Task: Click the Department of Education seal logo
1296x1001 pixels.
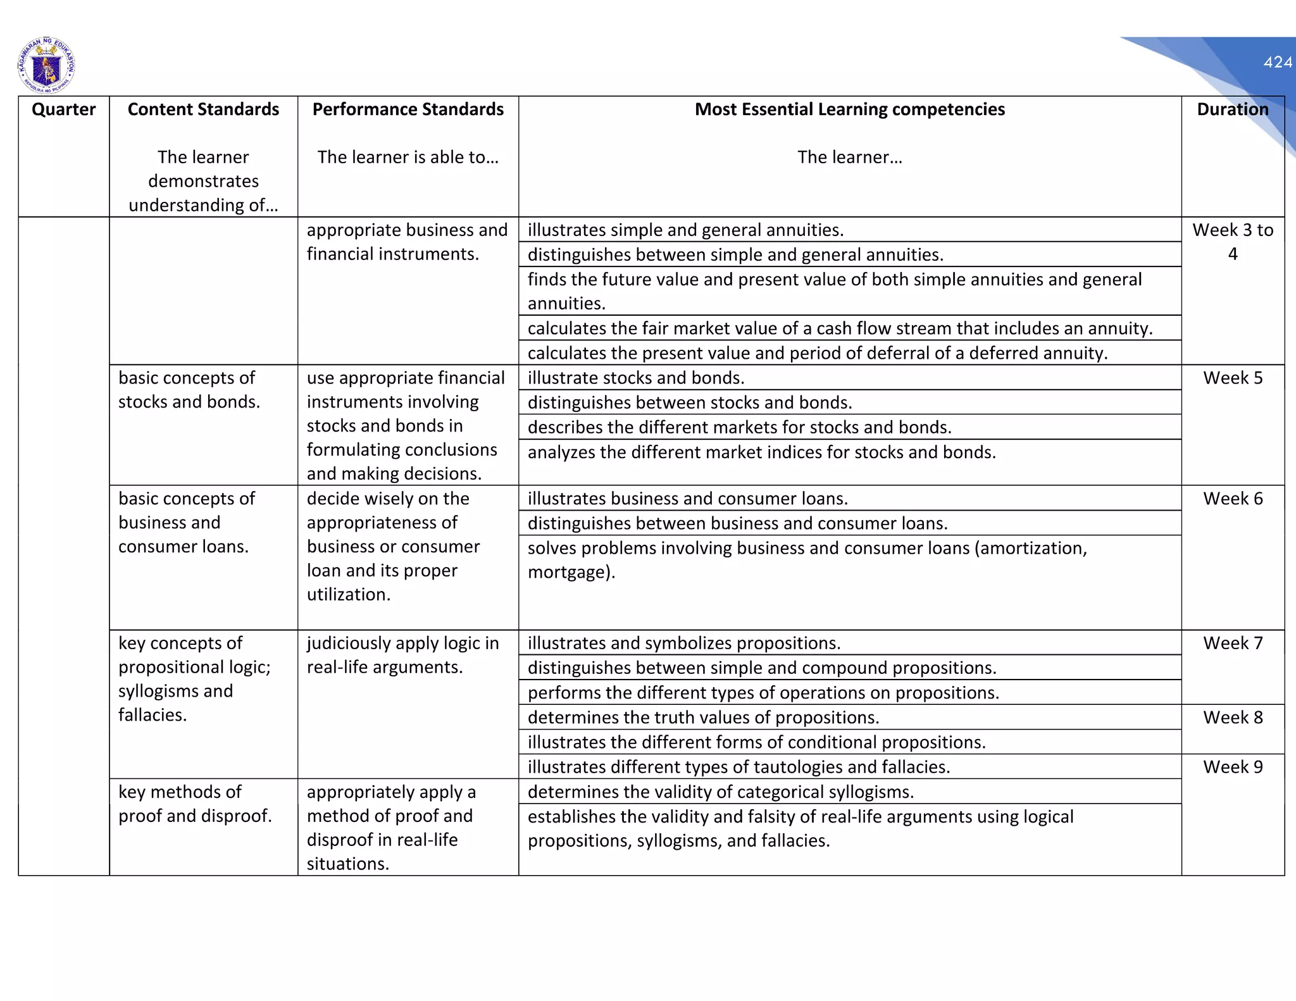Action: pyautogui.click(x=46, y=65)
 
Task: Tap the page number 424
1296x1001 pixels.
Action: pyautogui.click(x=1278, y=62)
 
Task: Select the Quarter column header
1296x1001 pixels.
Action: pyautogui.click(x=63, y=109)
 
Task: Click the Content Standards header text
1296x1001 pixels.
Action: pyautogui.click(x=203, y=109)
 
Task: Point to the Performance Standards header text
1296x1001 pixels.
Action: pyautogui.click(x=408, y=109)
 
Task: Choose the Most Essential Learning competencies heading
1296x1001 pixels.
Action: pyautogui.click(x=849, y=109)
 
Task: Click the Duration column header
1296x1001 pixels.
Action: pyautogui.click(x=1232, y=109)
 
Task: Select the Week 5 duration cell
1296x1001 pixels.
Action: pyautogui.click(x=1232, y=378)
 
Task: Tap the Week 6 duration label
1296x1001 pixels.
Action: pyautogui.click(x=1232, y=499)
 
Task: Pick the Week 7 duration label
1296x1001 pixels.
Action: pyautogui.click(x=1232, y=643)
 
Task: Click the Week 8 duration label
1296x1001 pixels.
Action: pyautogui.click(x=1232, y=718)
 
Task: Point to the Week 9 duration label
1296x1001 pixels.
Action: pyautogui.click(x=1232, y=767)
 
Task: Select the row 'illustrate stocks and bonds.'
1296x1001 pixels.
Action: pyautogui.click(x=635, y=378)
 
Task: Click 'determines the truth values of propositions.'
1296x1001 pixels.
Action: pyautogui.click(x=703, y=718)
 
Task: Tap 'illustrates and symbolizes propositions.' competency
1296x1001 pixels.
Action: pyautogui.click(x=683, y=643)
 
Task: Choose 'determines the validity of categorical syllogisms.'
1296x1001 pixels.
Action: pyautogui.click(x=720, y=792)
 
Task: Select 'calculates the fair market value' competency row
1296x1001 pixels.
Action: pyautogui.click(x=840, y=328)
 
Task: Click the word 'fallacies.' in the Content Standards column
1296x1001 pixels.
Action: pyautogui.click(x=153, y=715)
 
